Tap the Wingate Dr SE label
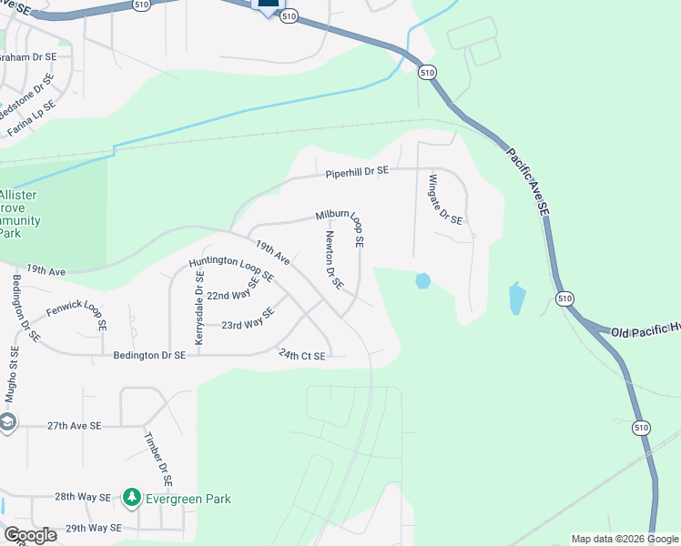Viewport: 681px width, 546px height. pos(445,199)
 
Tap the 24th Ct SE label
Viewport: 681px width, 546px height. pos(301,356)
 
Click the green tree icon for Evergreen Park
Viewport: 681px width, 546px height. pos(132,498)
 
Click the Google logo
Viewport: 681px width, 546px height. pos(30,535)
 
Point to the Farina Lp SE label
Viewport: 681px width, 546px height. pos(31,118)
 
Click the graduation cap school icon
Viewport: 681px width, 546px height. pos(7,423)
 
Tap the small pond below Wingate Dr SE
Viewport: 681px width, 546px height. pos(422,281)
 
